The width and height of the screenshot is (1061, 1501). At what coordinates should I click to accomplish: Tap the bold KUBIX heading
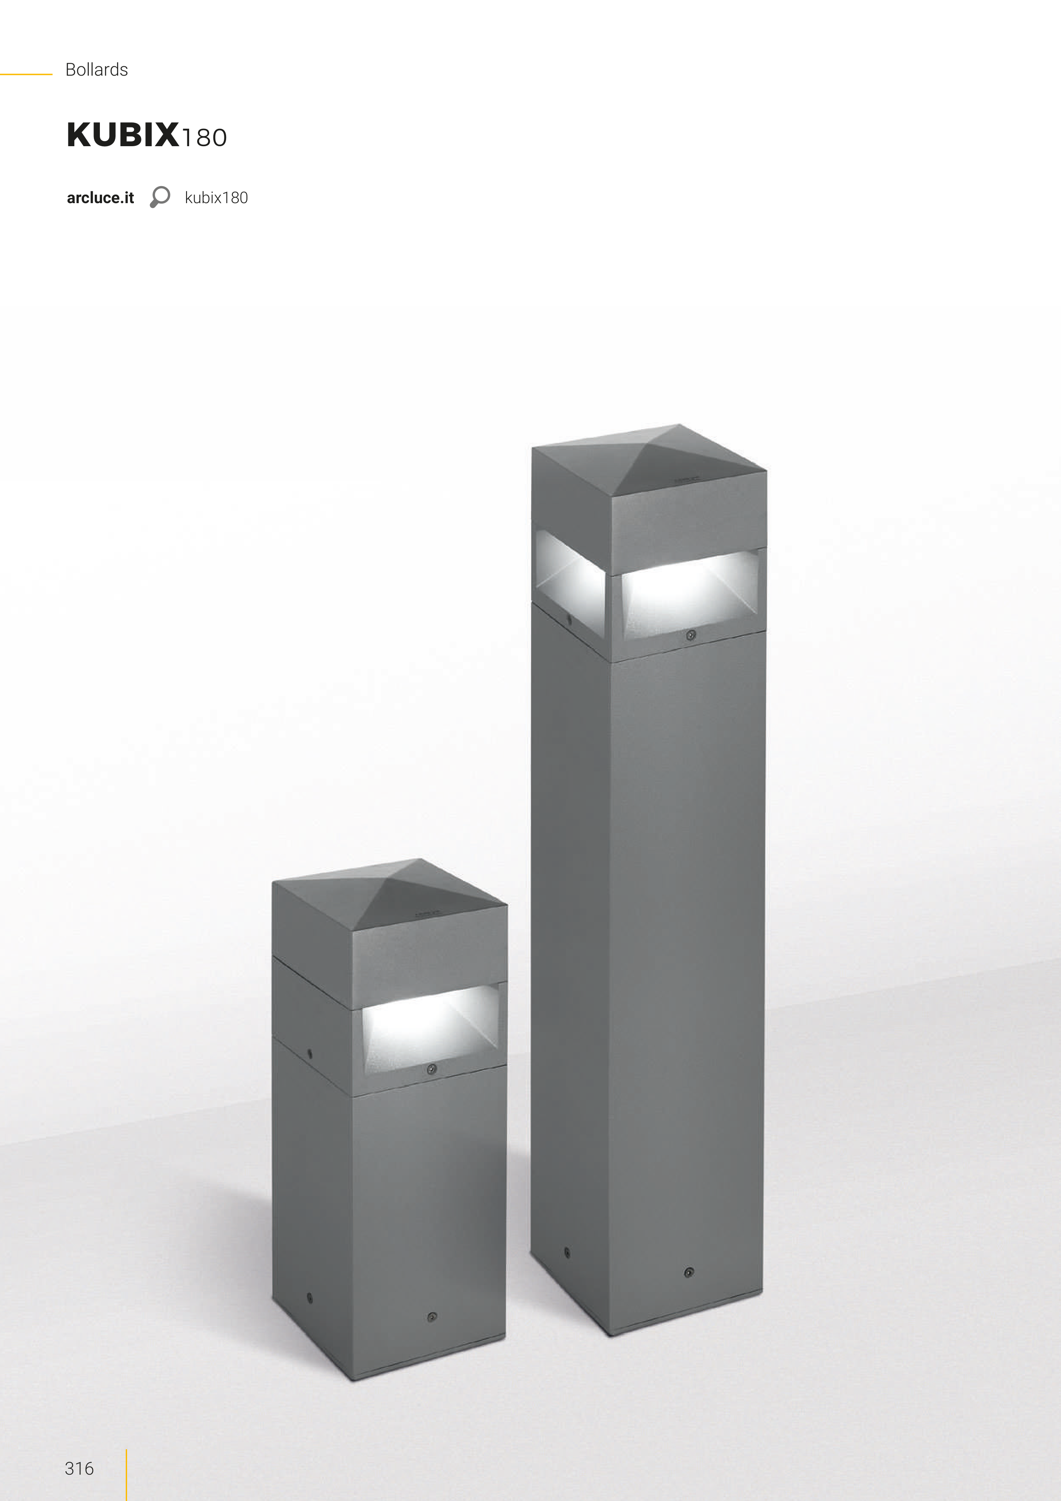pos(123,135)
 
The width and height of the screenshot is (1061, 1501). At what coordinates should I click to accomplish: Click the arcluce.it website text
pos(100,198)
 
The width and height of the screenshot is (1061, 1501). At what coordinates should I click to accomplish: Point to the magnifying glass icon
pos(159,197)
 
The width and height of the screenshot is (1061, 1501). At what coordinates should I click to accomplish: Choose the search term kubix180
pos(216,198)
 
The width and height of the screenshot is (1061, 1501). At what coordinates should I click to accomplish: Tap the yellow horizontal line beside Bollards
pos(26,74)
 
